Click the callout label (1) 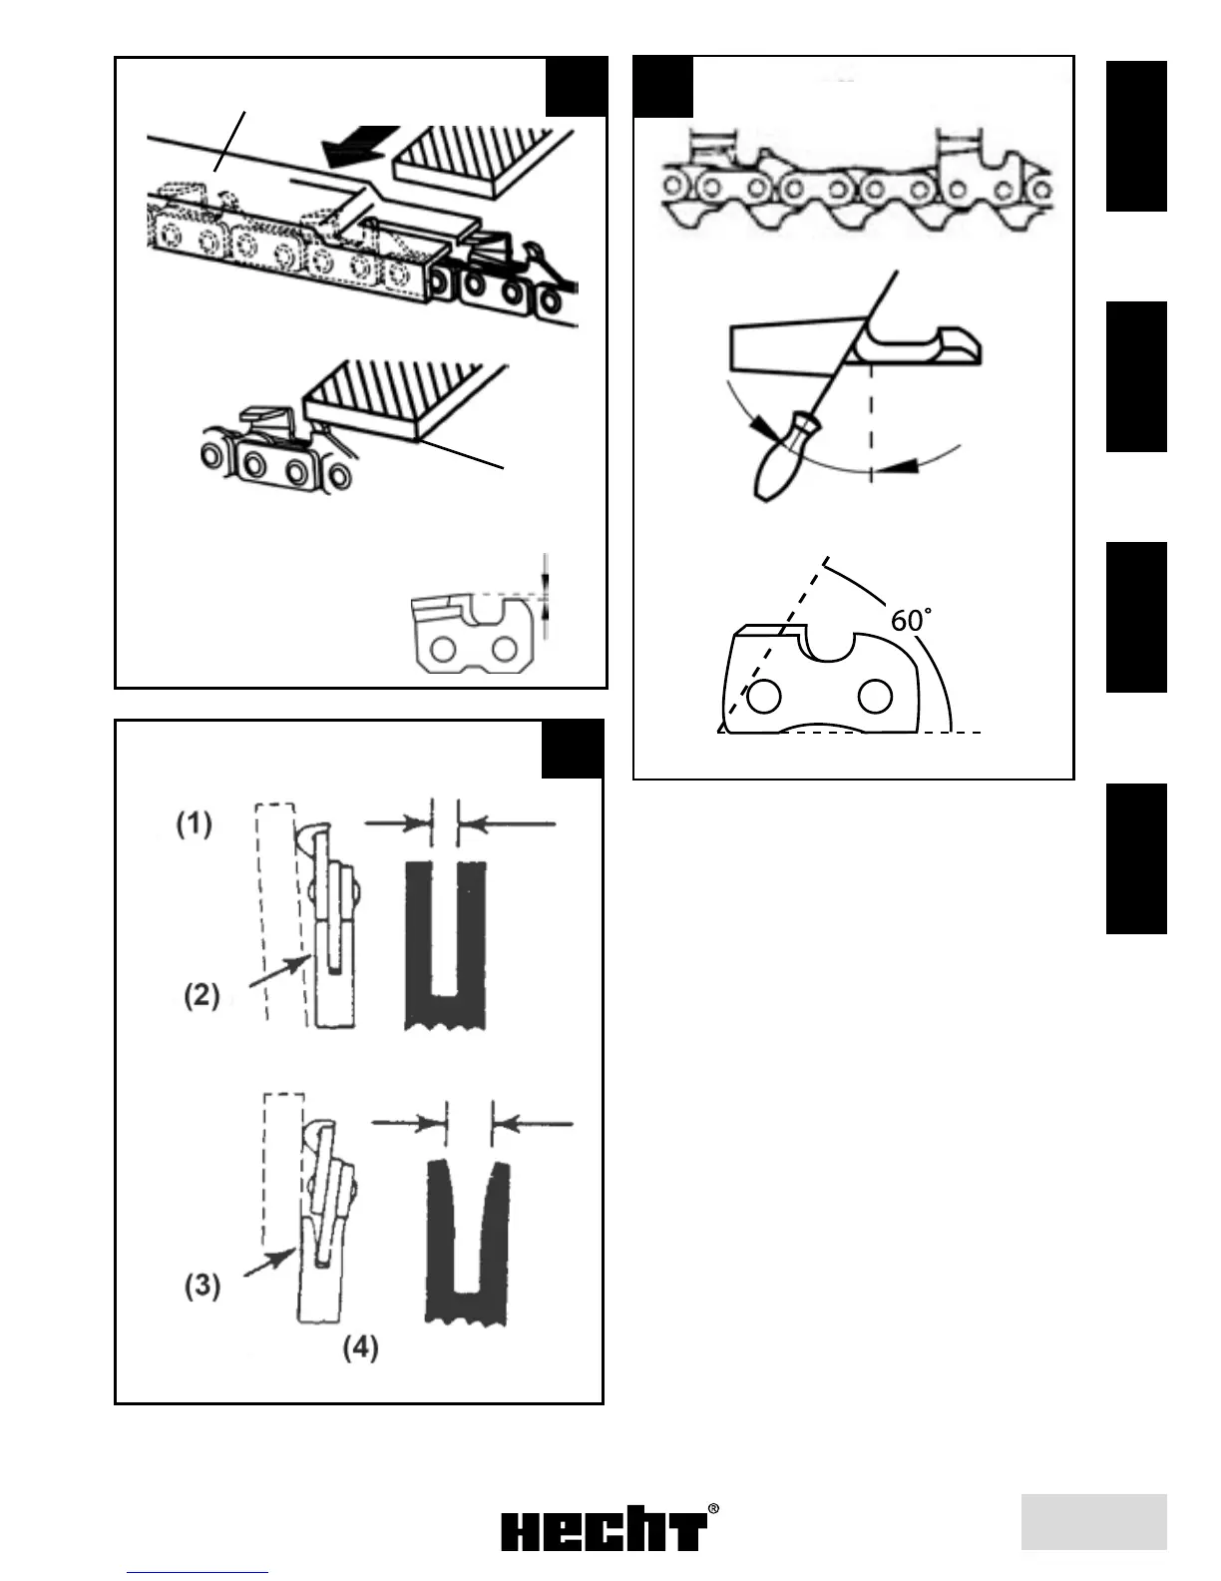pos(195,824)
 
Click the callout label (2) pos(202,995)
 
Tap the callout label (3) pos(202,1285)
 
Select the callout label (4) pos(360,1347)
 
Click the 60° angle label pos(911,621)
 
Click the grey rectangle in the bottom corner pos(1093,1521)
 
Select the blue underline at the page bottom pos(198,1572)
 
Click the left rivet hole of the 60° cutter pos(763,697)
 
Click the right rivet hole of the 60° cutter pos(875,697)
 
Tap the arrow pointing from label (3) pos(269,1262)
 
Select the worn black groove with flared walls pos(469,1244)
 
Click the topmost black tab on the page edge pos(1135,136)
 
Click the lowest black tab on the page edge pos(1135,858)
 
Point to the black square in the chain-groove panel pos(573,749)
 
